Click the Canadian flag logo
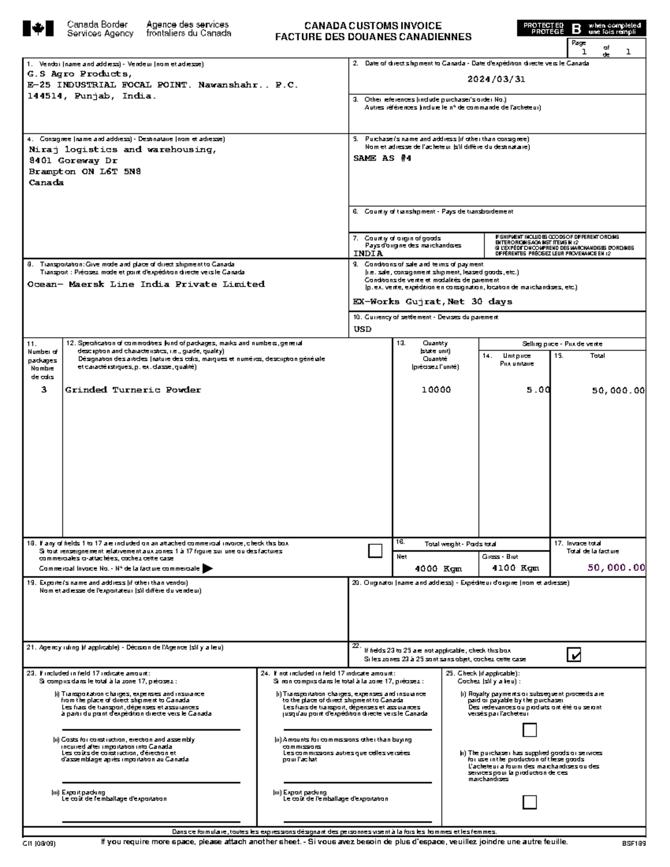point(38,28)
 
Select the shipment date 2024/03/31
point(496,79)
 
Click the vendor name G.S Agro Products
point(80,74)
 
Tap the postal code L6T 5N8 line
point(85,171)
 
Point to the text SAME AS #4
point(382,158)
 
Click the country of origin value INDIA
point(368,253)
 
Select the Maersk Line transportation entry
point(146,284)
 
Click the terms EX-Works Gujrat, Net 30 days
point(432,301)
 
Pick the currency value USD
point(362,329)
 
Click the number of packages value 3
point(44,390)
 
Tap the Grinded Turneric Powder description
point(133,390)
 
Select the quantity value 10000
point(435,390)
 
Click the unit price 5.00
point(538,390)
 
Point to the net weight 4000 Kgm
point(438,568)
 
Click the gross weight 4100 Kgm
point(515,568)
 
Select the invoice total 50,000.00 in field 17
point(616,567)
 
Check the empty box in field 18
point(375,551)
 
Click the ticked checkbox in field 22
point(573,654)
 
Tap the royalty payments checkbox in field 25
point(529,730)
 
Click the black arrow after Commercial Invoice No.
point(207,568)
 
